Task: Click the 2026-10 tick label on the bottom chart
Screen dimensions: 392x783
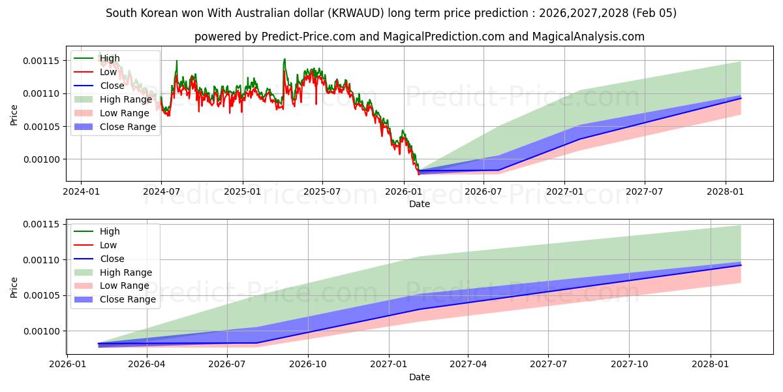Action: [307, 365]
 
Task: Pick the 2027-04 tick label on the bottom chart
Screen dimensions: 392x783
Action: [468, 365]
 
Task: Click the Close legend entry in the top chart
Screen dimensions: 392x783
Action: [112, 86]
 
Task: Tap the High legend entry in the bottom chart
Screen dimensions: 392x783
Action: [110, 231]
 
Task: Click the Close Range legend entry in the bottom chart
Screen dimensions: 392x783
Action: [128, 300]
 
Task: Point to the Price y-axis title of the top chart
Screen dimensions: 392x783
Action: [14, 116]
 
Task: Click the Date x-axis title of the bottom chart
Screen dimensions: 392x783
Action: [420, 377]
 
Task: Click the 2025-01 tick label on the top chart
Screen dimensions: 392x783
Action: [242, 191]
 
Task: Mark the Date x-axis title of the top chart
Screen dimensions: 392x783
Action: [420, 204]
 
